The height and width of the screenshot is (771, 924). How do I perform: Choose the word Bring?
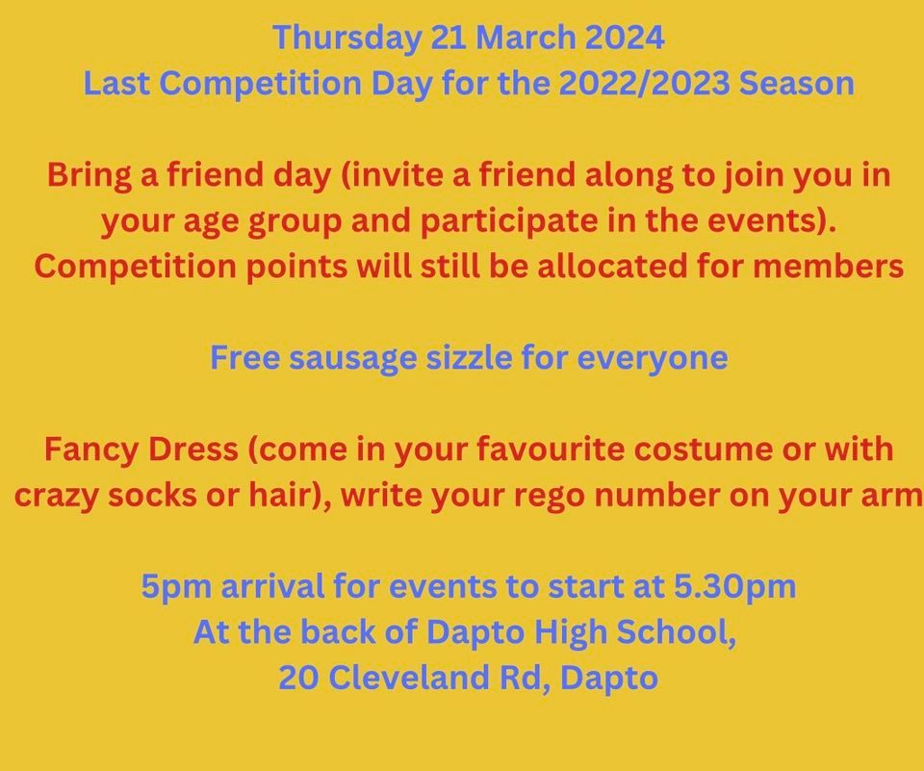pyautogui.click(x=84, y=176)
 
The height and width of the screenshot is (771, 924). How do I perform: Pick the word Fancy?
pyautogui.click(x=90, y=450)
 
